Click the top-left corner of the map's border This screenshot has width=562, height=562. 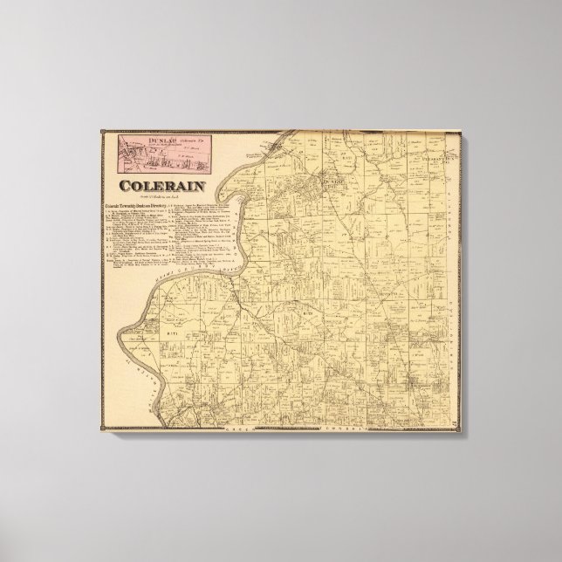[x=103, y=130]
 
